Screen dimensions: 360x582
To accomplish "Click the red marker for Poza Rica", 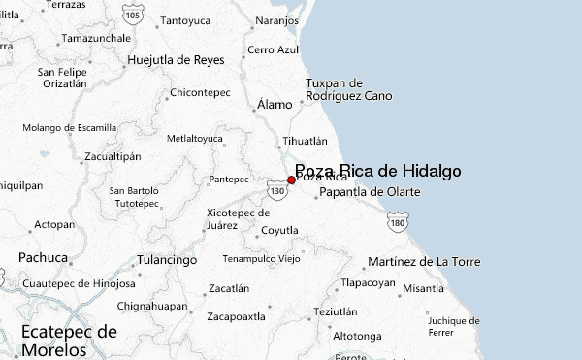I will pos(291,180).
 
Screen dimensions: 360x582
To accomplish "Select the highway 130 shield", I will pos(278,191).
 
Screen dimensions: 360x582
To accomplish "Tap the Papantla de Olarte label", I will pos(370,192).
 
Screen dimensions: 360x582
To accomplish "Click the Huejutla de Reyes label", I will pos(176,60).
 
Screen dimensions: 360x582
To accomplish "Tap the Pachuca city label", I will pos(43,258).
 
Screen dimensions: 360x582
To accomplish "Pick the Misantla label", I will pos(423,288).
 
